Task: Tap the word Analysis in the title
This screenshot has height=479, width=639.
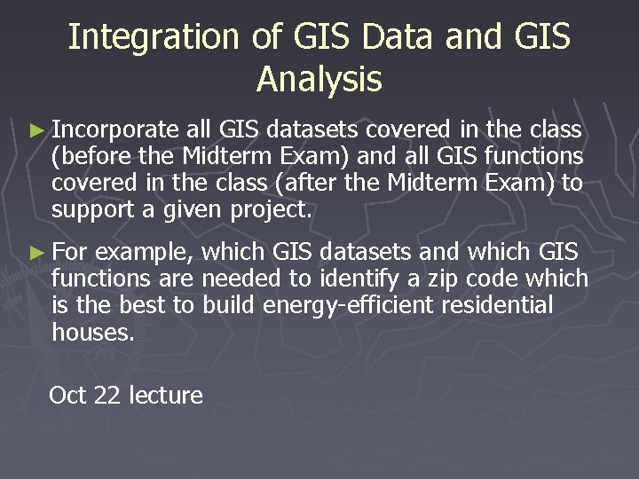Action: pyautogui.click(x=319, y=80)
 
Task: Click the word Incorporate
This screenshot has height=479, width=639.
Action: pyautogui.click(x=115, y=131)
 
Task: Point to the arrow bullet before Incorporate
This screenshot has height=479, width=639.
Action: pyautogui.click(x=35, y=131)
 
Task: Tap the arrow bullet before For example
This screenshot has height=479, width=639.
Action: pyautogui.click(x=35, y=253)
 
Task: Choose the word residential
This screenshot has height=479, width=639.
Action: pyautogui.click(x=502, y=306)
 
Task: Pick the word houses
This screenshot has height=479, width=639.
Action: pyautogui.click(x=92, y=333)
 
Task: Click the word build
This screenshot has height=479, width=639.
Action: pyautogui.click(x=225, y=306)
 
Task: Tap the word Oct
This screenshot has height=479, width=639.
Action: pyautogui.click(x=67, y=395)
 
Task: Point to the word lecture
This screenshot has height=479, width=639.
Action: pyautogui.click(x=166, y=395)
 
